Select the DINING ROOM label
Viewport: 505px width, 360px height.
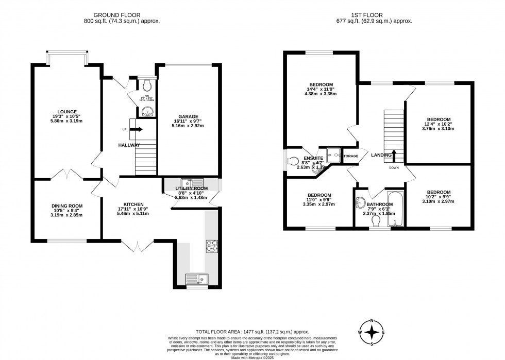click(67, 205)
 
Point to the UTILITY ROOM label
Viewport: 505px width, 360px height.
click(192, 188)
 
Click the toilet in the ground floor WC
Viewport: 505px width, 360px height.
click(148, 83)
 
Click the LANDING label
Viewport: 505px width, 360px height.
click(381, 155)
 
